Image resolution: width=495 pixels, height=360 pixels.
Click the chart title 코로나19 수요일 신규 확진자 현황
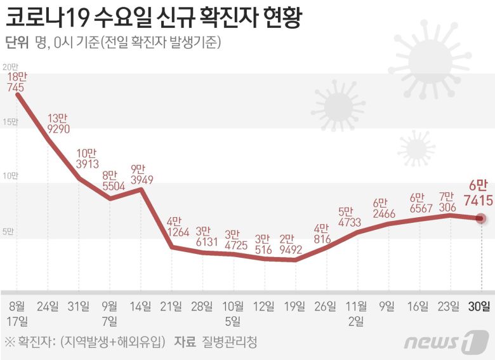click(x=152, y=17)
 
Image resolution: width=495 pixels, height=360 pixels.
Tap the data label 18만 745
click(x=16, y=83)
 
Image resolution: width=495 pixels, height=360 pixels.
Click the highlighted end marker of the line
click(x=480, y=218)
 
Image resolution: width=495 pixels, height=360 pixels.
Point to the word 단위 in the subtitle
click(x=16, y=43)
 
